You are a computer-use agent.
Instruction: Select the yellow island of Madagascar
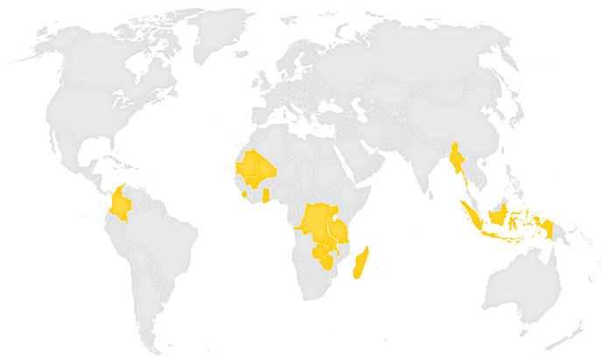click(x=361, y=263)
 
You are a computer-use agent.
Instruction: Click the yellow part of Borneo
click(x=498, y=214)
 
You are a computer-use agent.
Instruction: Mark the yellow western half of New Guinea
click(x=547, y=229)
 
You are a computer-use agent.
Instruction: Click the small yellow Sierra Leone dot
click(x=244, y=194)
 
